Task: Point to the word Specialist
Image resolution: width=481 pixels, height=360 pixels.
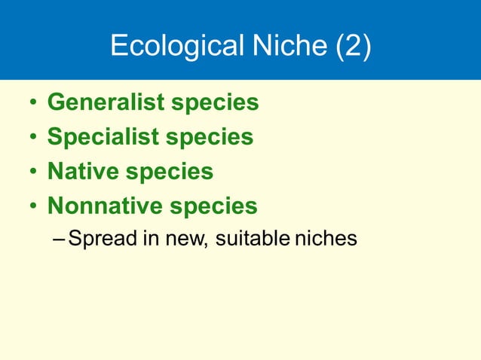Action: pyautogui.click(x=103, y=137)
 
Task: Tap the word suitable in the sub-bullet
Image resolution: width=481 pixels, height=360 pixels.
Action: pyautogui.click(x=253, y=239)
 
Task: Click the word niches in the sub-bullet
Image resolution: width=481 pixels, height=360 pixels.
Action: pyautogui.click(x=326, y=239)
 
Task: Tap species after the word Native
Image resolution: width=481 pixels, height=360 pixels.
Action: pyautogui.click(x=170, y=172)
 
